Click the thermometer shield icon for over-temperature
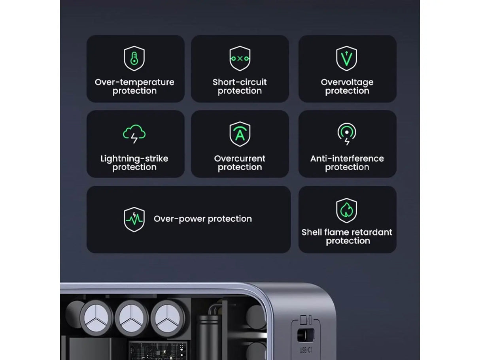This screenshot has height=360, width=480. (x=134, y=58)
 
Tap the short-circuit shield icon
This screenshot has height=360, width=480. (x=240, y=58)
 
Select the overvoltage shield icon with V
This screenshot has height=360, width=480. (x=347, y=58)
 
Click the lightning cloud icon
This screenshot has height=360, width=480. (x=134, y=134)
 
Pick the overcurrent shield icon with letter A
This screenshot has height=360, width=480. (x=240, y=134)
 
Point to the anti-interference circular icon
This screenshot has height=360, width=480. (x=347, y=134)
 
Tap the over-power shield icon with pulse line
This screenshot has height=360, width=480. (x=134, y=219)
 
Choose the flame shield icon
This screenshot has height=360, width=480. (x=347, y=211)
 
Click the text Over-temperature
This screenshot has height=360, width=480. (x=134, y=82)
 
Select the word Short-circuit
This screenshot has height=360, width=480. (x=240, y=82)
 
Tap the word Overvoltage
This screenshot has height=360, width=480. (x=347, y=82)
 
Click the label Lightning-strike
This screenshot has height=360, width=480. (x=134, y=158)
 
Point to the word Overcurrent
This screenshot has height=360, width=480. (x=240, y=158)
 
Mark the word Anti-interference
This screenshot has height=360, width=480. (x=347, y=158)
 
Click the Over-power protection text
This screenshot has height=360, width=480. (x=202, y=219)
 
